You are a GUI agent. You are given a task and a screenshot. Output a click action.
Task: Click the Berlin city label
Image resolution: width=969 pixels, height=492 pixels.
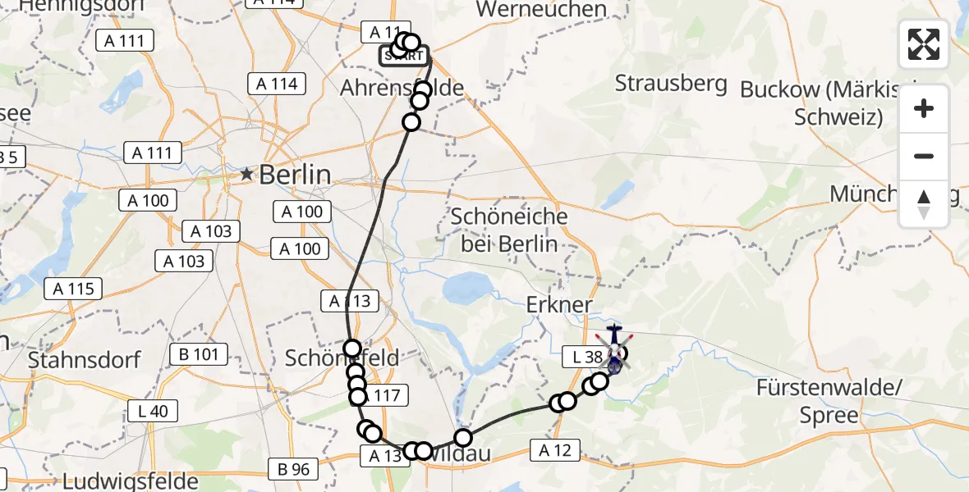pos(295,175)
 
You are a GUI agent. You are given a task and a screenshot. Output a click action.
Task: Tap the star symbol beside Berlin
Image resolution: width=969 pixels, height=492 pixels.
pos(246,174)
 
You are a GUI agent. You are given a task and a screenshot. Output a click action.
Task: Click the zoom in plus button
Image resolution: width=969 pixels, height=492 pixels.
pos(924,109)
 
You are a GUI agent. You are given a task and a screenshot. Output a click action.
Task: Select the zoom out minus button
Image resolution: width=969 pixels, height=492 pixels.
pos(924,157)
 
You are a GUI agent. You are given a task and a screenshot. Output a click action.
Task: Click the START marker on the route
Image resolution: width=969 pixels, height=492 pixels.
pos(403,57)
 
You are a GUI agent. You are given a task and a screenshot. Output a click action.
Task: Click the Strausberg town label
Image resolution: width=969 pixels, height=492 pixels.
pos(671,84)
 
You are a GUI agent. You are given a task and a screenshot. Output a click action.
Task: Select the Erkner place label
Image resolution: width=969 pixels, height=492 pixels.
pos(559,305)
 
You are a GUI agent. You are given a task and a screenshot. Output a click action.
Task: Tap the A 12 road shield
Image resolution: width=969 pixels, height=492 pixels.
pos(556,449)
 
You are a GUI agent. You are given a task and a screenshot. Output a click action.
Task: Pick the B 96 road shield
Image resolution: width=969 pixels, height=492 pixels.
pos(294,469)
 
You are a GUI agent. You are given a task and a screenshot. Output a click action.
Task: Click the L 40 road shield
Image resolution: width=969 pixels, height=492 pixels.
pos(152,411)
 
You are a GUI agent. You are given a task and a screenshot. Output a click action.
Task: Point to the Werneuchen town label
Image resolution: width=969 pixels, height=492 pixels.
pos(553,10)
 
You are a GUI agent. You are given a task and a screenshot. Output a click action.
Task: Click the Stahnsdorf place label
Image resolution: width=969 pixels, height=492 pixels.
pos(85,359)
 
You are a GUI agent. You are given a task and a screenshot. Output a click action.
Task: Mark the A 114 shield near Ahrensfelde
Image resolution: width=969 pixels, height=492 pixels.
pos(277,84)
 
